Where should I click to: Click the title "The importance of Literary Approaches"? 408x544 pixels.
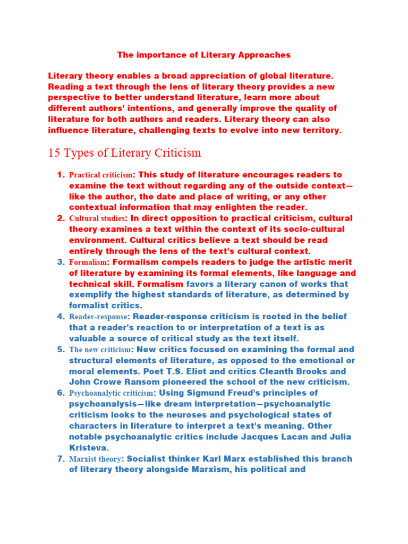point(203,55)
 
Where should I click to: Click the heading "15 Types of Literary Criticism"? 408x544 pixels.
point(125,153)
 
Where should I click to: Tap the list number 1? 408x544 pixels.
point(61,175)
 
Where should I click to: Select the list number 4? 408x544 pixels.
point(61,317)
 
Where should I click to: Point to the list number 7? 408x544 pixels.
point(61,458)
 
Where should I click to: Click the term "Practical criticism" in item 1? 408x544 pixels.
point(100,175)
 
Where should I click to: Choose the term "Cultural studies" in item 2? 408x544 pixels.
point(98,218)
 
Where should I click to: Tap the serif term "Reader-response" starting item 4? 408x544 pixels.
point(98,317)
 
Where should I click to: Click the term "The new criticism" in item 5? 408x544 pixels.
point(100,350)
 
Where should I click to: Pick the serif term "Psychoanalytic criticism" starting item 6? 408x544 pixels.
point(111,393)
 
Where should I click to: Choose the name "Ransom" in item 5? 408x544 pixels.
point(151,382)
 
